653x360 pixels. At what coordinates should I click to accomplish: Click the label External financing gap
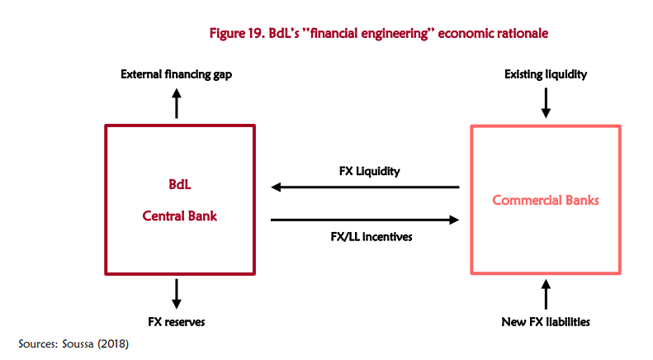point(176,74)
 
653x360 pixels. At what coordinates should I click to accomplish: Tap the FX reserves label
point(177,320)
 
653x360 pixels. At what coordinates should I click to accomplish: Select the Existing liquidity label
point(545,74)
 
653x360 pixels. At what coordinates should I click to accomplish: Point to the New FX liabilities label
point(545,320)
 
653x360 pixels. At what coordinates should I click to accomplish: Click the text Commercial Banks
point(545,201)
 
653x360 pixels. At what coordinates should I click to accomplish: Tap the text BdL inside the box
point(179,184)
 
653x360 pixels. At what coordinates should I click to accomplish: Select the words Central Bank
point(179,216)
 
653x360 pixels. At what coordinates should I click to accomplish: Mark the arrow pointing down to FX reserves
point(176,292)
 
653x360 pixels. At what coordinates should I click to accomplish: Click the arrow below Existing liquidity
point(545,102)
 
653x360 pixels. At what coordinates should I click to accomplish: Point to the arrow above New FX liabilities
point(545,294)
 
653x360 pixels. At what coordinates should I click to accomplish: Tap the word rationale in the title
point(521,33)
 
